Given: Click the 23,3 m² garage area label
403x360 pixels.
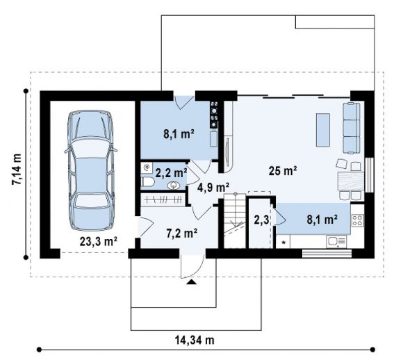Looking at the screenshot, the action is click(99, 241).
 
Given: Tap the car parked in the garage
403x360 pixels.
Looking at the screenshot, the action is click(91, 171).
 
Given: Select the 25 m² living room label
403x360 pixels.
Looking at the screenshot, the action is click(283, 170).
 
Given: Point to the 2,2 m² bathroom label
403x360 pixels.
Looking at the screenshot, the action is click(171, 173).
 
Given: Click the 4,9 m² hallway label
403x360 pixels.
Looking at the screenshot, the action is click(213, 188).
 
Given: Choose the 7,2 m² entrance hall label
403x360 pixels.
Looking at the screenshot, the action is click(182, 234).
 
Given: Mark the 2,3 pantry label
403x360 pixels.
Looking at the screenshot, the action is click(261, 220).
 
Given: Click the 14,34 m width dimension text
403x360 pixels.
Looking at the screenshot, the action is click(195, 340).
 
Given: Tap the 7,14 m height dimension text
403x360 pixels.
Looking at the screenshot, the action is click(17, 170).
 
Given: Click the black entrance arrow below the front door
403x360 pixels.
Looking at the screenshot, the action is click(191, 282).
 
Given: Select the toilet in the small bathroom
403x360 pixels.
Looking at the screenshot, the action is click(147, 182).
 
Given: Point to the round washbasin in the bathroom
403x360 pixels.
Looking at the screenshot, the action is click(174, 186).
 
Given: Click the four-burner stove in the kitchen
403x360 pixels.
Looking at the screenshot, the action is click(358, 220).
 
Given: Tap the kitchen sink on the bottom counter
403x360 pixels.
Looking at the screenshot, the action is click(336, 242).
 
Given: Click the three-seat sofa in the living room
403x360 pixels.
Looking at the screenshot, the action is click(352, 128).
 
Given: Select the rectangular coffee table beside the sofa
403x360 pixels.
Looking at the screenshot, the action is click(323, 130).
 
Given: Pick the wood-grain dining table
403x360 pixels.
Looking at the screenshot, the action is click(351, 181).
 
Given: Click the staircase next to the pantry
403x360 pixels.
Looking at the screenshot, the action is click(235, 220).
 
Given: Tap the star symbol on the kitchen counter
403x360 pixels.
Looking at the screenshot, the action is click(284, 243).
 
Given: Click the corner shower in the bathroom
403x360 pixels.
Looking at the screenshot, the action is click(147, 167).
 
